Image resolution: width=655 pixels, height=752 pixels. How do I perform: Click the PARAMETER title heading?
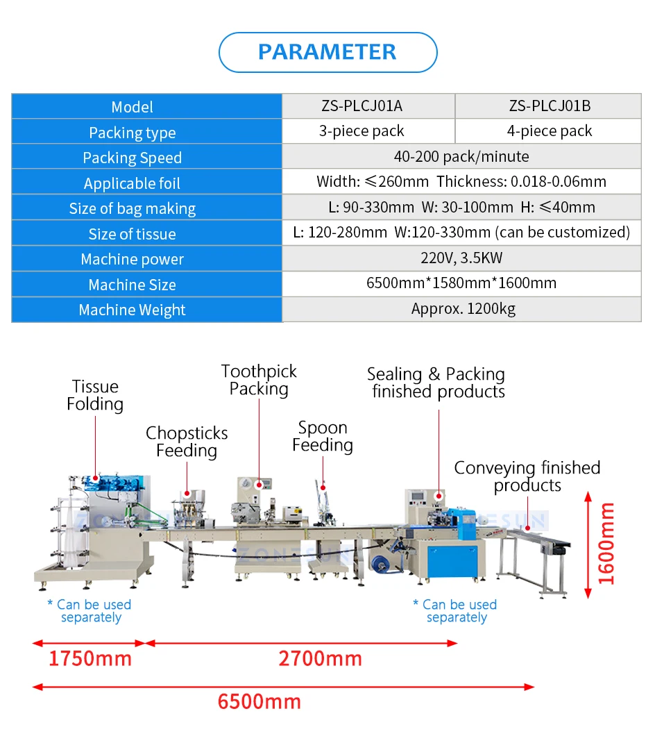pyautogui.click(x=327, y=52)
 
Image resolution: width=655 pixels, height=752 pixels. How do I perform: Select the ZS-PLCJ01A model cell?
pyautogui.click(x=361, y=106)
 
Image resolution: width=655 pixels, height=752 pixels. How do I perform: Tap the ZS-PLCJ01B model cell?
pyautogui.click(x=550, y=106)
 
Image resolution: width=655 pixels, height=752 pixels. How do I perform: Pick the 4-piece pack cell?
pyautogui.click(x=550, y=131)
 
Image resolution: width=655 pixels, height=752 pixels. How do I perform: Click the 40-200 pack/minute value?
pyautogui.click(x=461, y=156)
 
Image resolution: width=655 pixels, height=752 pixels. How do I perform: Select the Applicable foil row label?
pyautogui.click(x=133, y=183)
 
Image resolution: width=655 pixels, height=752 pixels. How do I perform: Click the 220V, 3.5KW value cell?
pyautogui.click(x=461, y=258)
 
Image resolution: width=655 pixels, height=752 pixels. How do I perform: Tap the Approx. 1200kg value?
pyautogui.click(x=463, y=309)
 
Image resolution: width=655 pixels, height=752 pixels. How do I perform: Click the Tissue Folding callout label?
pyautogui.click(x=95, y=395)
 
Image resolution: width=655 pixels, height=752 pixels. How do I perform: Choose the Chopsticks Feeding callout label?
pyautogui.click(x=187, y=442)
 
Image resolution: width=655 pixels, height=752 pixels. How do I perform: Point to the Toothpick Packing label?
pyautogui.click(x=259, y=380)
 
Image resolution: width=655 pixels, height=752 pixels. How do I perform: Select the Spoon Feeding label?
pyautogui.click(x=323, y=437)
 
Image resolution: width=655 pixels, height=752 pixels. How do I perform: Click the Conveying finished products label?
pyautogui.click(x=527, y=476)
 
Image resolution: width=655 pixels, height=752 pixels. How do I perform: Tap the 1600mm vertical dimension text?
pyautogui.click(x=606, y=544)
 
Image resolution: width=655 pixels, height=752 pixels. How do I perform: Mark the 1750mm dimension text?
pyautogui.click(x=90, y=658)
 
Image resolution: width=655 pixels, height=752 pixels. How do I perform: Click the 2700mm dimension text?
pyautogui.click(x=320, y=658)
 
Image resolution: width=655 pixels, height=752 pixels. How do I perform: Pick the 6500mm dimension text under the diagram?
pyautogui.click(x=260, y=701)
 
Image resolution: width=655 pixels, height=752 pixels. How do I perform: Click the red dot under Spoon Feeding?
pyautogui.click(x=323, y=487)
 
